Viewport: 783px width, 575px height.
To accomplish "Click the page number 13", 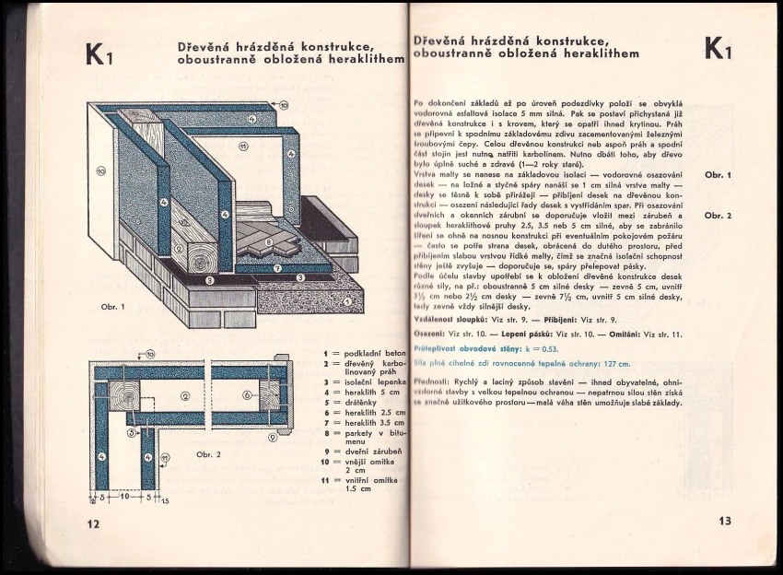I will (x=725, y=521).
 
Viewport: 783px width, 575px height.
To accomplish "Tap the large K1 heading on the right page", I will (x=718, y=49).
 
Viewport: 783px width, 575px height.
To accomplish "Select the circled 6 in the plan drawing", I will (x=247, y=394).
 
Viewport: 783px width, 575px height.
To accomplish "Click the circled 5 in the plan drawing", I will (x=131, y=431).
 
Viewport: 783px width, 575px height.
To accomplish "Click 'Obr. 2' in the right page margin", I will (x=717, y=216).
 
